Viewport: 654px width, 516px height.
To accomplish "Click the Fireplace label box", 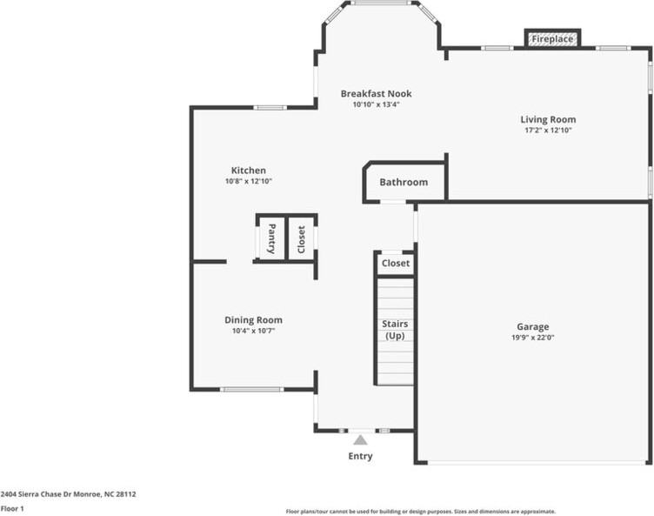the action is (x=552, y=39).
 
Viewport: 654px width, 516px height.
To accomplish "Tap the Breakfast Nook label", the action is (x=377, y=93).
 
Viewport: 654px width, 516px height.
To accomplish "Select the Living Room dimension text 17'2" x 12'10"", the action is (x=548, y=130).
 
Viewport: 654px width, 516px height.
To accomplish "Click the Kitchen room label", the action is (x=249, y=171).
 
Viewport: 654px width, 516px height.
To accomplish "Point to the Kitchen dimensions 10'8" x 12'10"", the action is (x=249, y=181).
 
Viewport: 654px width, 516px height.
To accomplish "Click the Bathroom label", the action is (x=404, y=182).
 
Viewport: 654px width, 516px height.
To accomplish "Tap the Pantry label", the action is (x=271, y=238).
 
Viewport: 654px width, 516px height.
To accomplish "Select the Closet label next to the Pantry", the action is (x=301, y=239).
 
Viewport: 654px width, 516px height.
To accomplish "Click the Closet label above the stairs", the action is (x=396, y=264).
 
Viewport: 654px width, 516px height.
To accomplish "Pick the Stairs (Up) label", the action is (x=395, y=330).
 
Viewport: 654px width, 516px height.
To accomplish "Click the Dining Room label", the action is (x=254, y=320).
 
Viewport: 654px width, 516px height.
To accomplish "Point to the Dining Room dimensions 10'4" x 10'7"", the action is (x=254, y=331).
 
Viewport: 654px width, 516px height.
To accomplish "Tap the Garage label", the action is (x=533, y=327).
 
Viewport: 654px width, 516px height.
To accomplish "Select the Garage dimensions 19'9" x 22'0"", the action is (x=533, y=338).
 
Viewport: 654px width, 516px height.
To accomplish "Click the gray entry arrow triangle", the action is (x=360, y=440).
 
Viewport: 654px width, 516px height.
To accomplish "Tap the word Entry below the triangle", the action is (x=360, y=456).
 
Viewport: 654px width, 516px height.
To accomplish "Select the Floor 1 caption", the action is (x=12, y=508).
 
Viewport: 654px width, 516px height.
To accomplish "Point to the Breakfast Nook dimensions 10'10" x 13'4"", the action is (x=377, y=104).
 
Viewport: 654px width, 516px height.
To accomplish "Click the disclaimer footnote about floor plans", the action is (x=421, y=512).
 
